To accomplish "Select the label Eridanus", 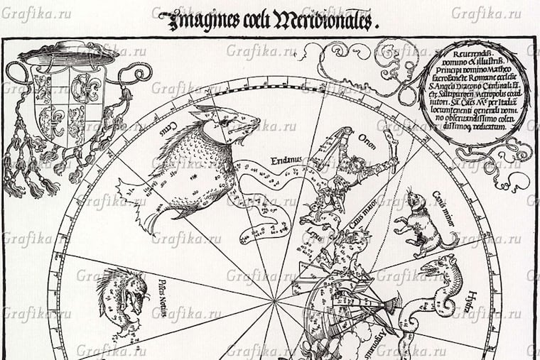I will [283, 160].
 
